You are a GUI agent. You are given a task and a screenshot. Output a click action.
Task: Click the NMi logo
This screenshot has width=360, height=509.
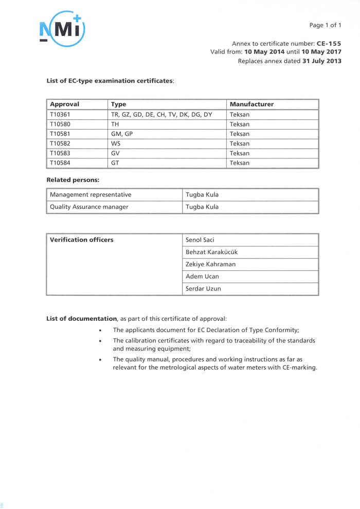pyautogui.click(x=62, y=29)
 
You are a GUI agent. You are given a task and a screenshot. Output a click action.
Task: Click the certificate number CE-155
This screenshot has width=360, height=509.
pyautogui.click(x=329, y=44)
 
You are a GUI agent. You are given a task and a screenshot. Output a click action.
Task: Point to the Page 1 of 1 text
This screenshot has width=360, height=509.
pyautogui.click(x=325, y=25)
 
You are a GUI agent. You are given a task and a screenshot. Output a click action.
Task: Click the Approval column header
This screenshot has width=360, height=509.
pyautogui.click(x=64, y=104)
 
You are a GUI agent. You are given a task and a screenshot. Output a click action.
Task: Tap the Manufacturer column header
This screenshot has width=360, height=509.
pyautogui.click(x=251, y=104)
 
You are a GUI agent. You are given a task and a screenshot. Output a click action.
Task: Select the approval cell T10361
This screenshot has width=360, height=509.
pyautogui.click(x=60, y=114)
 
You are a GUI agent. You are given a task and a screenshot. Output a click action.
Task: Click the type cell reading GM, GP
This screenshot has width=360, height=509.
pyautogui.click(x=122, y=134)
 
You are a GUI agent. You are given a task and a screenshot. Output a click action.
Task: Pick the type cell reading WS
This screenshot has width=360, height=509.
pyautogui.click(x=116, y=143)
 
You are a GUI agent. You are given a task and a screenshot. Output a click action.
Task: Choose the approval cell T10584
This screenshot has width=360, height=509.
pyautogui.click(x=60, y=163)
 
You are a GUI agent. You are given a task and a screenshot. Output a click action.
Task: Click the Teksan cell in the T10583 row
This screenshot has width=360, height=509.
pyautogui.click(x=240, y=153)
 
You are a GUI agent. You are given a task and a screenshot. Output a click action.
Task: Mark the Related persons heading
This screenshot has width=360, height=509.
pyautogui.click(x=73, y=180)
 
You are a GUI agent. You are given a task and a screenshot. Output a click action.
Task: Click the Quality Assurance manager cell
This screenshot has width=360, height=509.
pyautogui.click(x=89, y=207)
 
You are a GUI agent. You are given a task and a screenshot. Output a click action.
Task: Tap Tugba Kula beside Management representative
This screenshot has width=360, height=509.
pyautogui.click(x=202, y=195)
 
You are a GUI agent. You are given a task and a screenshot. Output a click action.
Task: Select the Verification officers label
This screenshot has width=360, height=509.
pyautogui.click(x=81, y=240)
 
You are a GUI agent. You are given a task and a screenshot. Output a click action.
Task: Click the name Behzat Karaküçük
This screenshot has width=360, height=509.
pyautogui.click(x=211, y=252)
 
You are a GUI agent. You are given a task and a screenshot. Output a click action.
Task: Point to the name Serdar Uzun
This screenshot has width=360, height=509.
pyautogui.click(x=203, y=289)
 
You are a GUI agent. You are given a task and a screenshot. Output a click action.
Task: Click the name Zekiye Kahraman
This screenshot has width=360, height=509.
pyautogui.click(x=210, y=264)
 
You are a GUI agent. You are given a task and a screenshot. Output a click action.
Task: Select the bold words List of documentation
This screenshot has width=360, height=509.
pyautogui.click(x=82, y=319)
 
